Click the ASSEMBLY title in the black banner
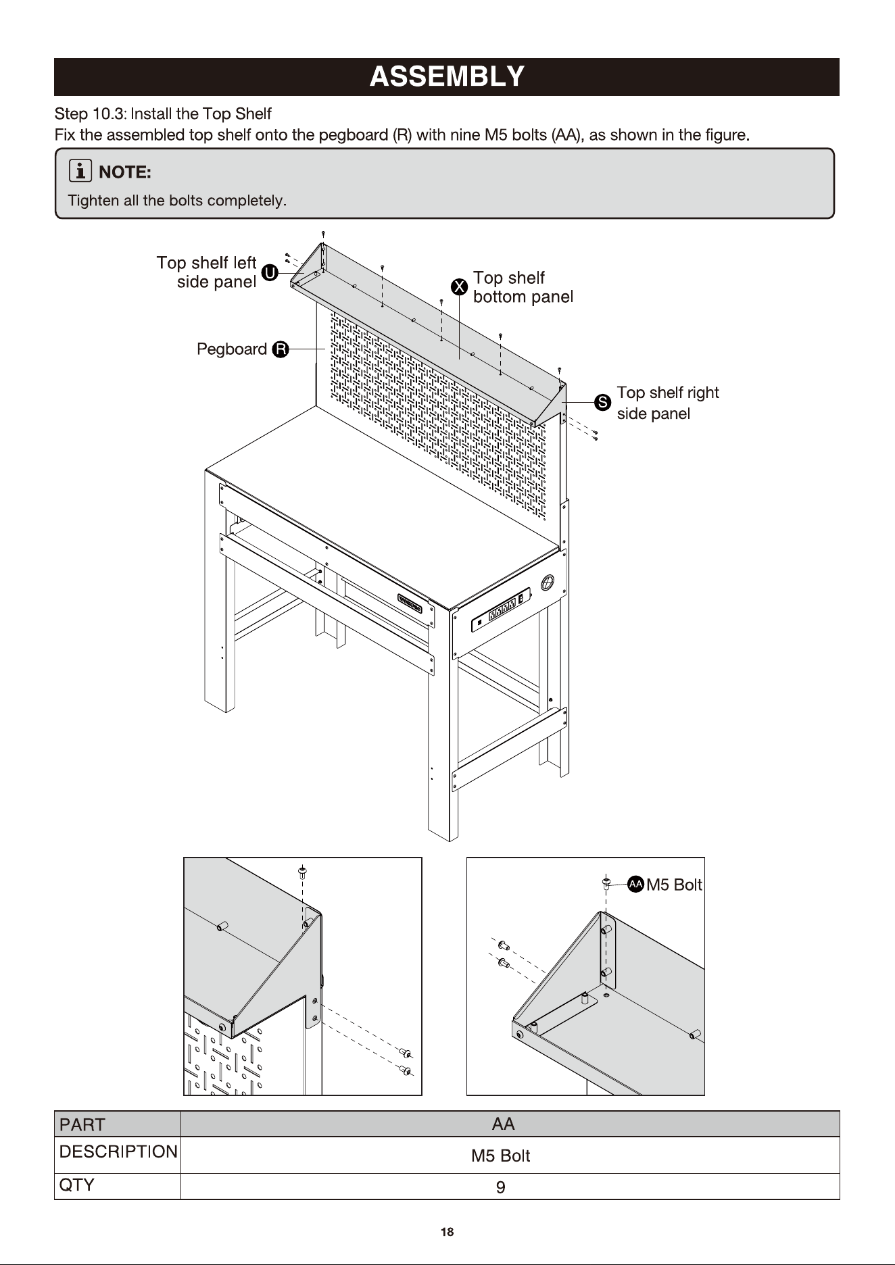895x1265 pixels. (x=447, y=77)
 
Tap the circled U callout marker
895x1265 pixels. (x=269, y=273)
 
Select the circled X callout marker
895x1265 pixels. (x=460, y=287)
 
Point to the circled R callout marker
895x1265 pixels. (x=281, y=349)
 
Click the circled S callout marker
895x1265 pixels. (x=602, y=403)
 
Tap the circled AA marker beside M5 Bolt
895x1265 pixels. (x=635, y=884)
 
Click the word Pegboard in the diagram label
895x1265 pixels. (x=232, y=349)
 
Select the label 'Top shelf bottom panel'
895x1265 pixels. (x=523, y=287)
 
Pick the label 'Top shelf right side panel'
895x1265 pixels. (x=668, y=403)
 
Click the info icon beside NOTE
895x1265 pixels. (x=80, y=172)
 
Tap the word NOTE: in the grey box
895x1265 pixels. (x=125, y=172)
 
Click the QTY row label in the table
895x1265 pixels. (x=77, y=1185)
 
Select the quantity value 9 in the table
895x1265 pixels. (x=501, y=1187)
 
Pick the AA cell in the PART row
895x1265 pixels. (x=503, y=1124)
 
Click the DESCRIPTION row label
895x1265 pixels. (x=118, y=1151)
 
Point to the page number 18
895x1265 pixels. (x=447, y=1232)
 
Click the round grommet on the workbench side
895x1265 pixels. (x=548, y=582)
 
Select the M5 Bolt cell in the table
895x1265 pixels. (x=501, y=1156)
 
